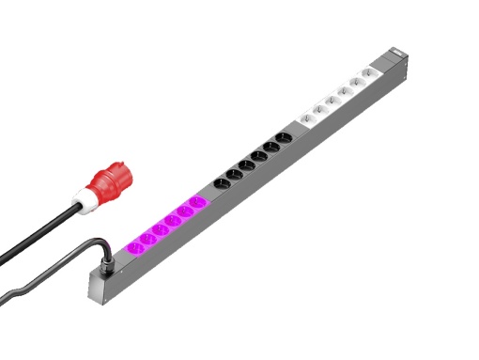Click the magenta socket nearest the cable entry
click(134, 247)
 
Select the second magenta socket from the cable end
click(147, 238)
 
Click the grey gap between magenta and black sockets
click(209, 194)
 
